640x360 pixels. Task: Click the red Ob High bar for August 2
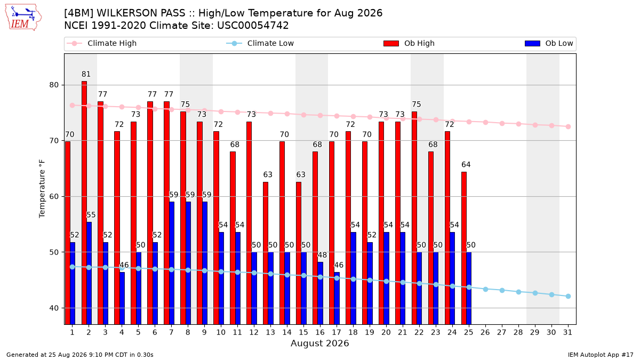coord(84,203)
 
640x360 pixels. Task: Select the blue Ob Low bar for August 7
coord(172,263)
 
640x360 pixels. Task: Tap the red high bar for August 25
coord(464,249)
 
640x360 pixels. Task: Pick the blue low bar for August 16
coord(321,293)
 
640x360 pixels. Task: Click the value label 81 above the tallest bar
coord(86,74)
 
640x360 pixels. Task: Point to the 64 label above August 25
coord(466,165)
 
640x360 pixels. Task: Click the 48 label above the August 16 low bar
coord(322,255)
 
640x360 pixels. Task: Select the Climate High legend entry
coord(102,43)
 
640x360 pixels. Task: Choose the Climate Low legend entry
coord(260,43)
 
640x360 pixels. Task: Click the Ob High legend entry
coord(409,43)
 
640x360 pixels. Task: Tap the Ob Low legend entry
coord(549,43)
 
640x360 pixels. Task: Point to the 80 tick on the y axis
coord(54,85)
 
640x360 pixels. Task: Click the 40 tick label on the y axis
coord(54,308)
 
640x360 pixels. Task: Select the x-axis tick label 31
coord(567,332)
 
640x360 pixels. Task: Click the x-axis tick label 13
coord(270,332)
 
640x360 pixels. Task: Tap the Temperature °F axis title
coord(42,189)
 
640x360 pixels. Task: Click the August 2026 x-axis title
coord(319,343)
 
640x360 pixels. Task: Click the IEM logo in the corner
coord(23,18)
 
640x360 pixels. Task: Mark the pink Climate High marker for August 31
coord(569,126)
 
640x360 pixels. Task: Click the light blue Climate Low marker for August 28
coord(518,292)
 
